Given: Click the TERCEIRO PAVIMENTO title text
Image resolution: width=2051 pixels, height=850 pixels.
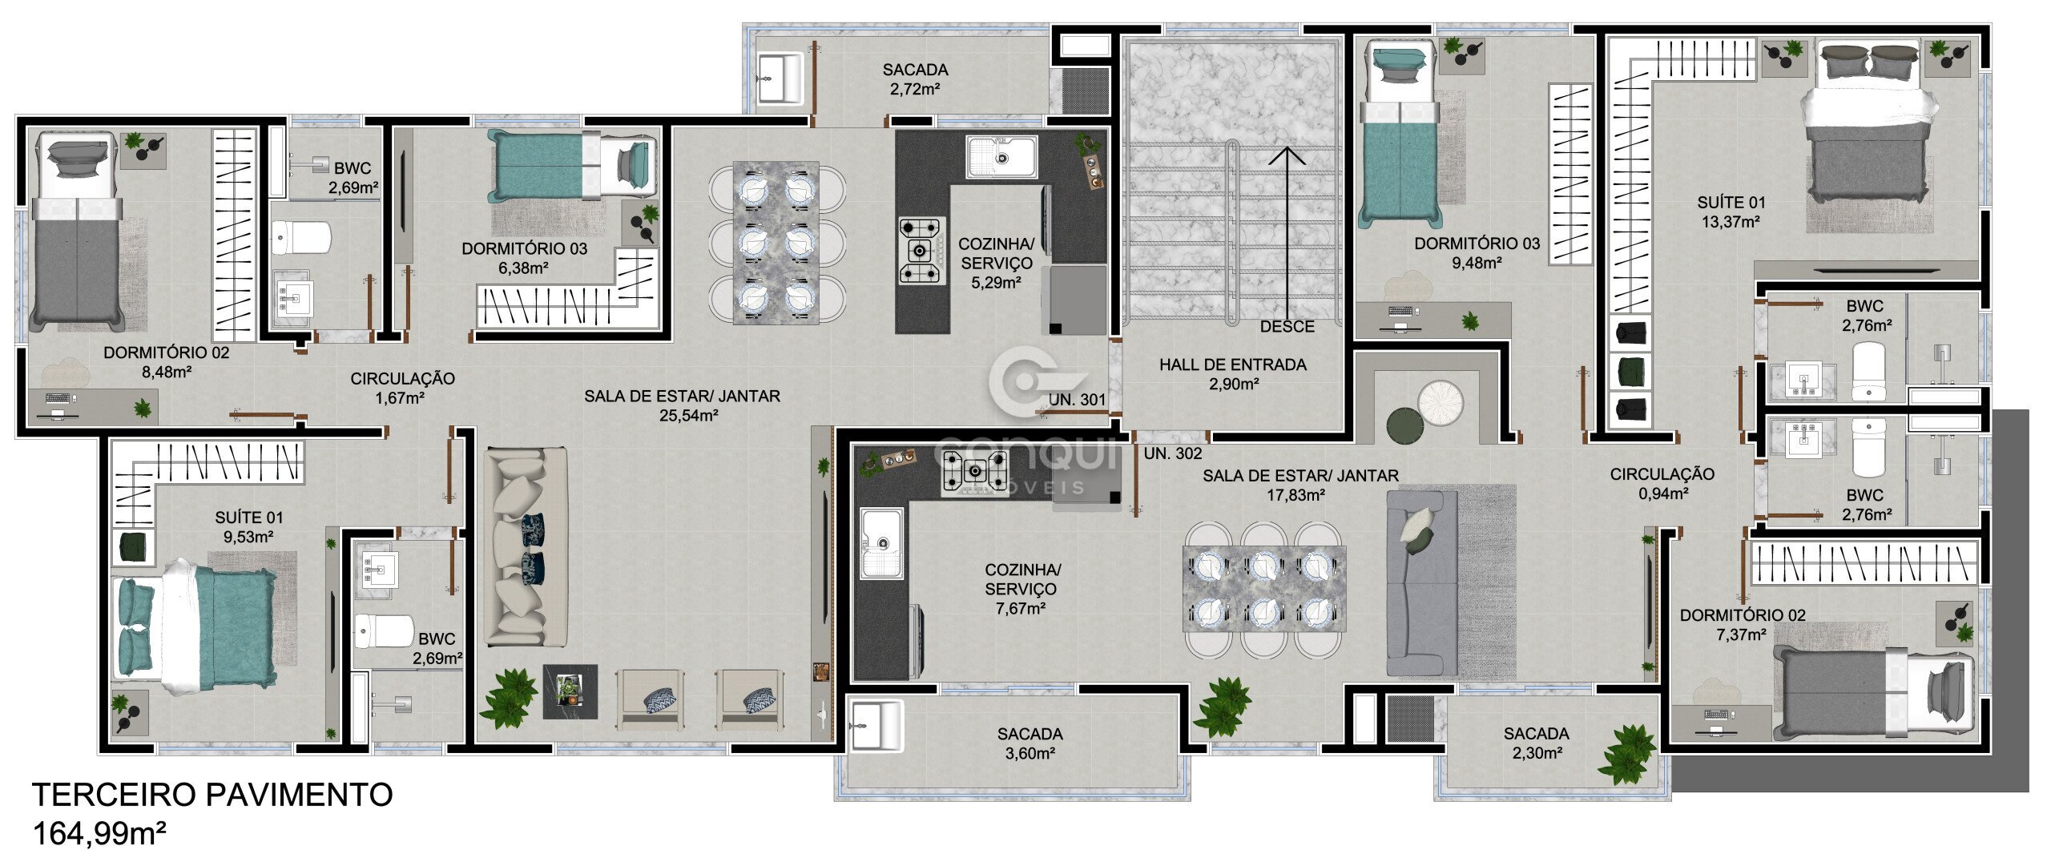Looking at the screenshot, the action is pyautogui.click(x=212, y=795).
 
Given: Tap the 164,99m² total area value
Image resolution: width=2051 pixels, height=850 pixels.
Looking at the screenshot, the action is pyautogui.click(x=99, y=834).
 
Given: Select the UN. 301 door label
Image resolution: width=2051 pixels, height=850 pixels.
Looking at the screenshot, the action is pyautogui.click(x=1078, y=400).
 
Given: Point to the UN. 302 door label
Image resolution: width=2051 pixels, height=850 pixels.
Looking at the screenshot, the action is pyautogui.click(x=1173, y=453).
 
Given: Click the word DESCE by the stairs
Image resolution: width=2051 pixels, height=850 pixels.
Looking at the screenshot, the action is pyautogui.click(x=1287, y=327).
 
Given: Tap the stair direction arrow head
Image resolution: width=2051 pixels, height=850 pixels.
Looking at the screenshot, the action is pyautogui.click(x=1288, y=155).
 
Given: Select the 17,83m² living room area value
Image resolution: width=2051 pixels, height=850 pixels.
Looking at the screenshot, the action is pyautogui.click(x=1295, y=495).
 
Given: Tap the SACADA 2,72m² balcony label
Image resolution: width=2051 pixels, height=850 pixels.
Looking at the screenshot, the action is pyautogui.click(x=915, y=79).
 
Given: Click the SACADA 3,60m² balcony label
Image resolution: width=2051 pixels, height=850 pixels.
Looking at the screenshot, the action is pyautogui.click(x=1030, y=743).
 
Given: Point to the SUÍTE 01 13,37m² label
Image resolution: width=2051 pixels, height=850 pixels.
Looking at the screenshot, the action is pyautogui.click(x=1731, y=212).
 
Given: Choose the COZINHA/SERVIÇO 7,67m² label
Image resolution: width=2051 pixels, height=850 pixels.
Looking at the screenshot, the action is pyautogui.click(x=1022, y=589).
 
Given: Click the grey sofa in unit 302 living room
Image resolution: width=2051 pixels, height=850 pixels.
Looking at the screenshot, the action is pyautogui.click(x=1422, y=583).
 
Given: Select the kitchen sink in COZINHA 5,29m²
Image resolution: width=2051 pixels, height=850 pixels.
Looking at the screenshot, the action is pyautogui.click(x=1001, y=157).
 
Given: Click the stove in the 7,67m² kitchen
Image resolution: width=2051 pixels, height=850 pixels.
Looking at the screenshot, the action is pyautogui.click(x=976, y=471).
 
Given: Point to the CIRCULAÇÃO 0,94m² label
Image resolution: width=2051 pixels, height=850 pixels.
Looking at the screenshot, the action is pyautogui.click(x=1662, y=484).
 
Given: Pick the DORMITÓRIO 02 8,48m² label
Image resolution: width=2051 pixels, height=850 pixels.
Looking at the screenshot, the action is pyautogui.click(x=167, y=362).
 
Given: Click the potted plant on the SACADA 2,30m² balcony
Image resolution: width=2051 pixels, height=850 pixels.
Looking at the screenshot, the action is pyautogui.click(x=1626, y=753).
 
